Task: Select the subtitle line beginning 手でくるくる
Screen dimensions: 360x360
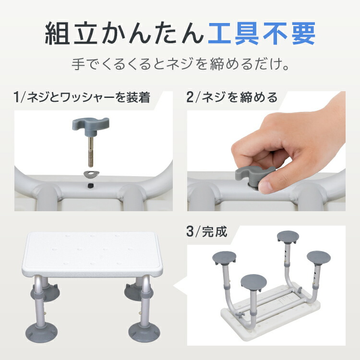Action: click(180, 64)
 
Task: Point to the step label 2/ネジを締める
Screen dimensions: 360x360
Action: click(232, 98)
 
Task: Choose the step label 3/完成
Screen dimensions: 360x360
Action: click(207, 234)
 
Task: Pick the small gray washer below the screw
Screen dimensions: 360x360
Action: click(90, 174)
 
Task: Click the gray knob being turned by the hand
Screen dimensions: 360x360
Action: click(250, 176)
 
